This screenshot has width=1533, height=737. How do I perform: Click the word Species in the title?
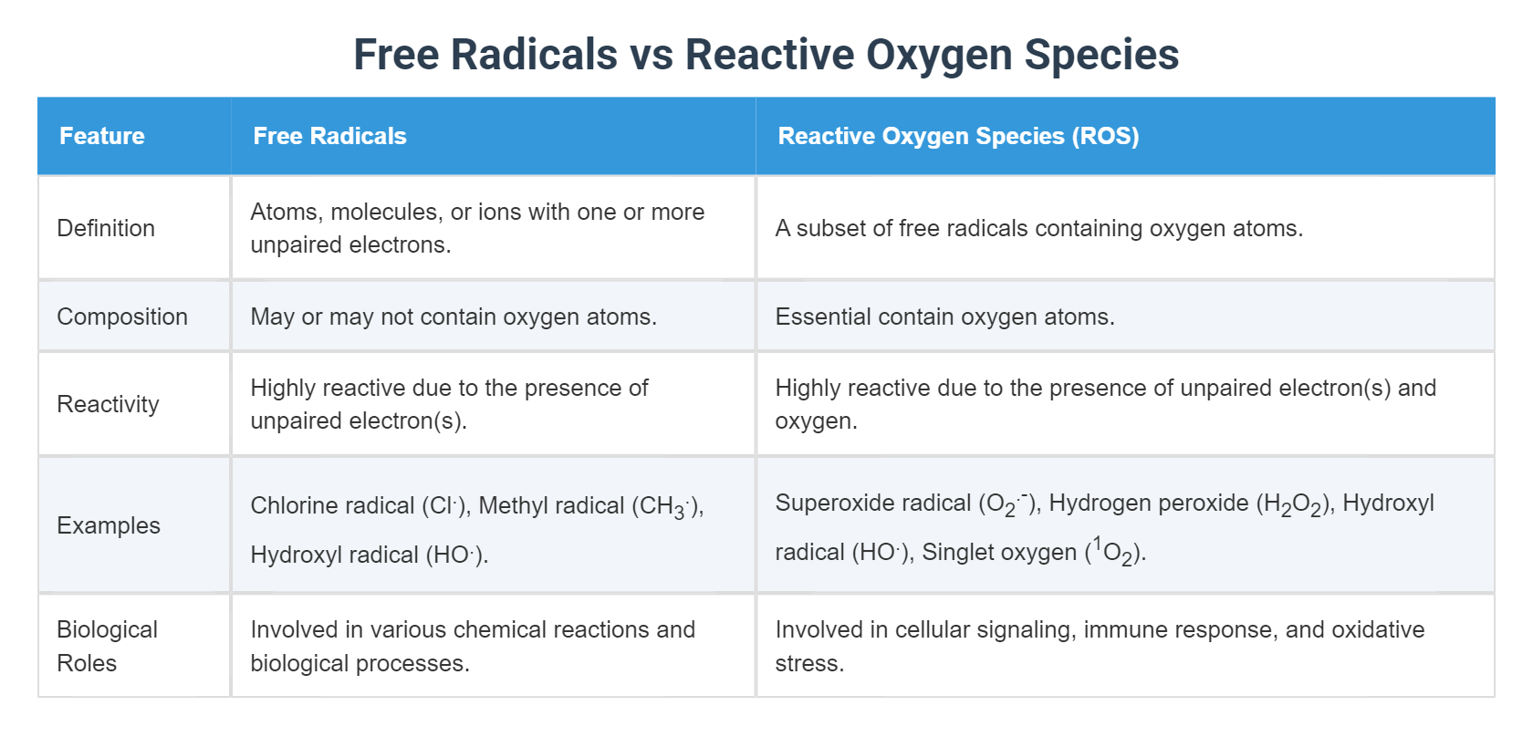click(1101, 55)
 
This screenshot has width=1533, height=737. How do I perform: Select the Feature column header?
click(102, 136)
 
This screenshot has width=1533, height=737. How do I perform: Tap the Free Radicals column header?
click(329, 136)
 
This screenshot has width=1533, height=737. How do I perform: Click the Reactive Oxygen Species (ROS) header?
click(958, 136)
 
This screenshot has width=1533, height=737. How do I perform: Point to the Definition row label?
click(106, 228)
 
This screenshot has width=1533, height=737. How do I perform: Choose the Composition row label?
click(122, 317)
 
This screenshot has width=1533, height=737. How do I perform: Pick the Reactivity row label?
click(108, 404)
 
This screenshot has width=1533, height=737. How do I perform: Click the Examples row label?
click(109, 525)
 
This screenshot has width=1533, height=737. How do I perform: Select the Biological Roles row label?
click(107, 646)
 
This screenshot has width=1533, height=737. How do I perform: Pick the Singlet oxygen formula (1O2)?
click(1114, 553)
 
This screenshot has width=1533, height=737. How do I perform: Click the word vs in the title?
click(652, 55)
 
